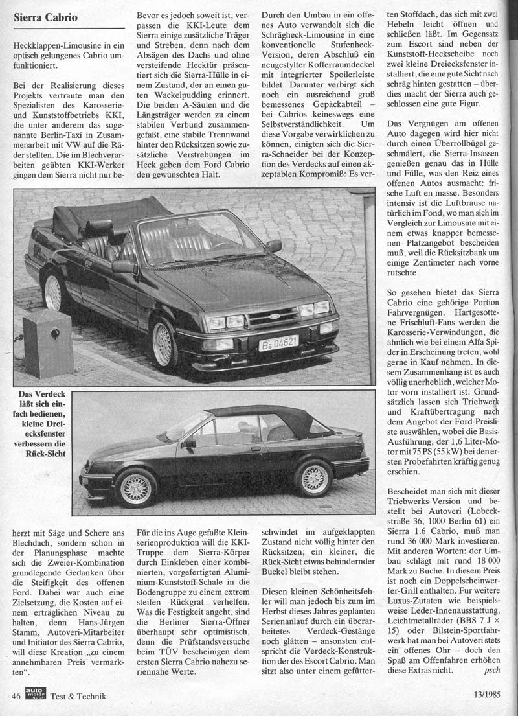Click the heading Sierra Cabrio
[x=45, y=17]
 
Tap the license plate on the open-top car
[x=278, y=343]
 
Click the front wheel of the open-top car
[x=166, y=342]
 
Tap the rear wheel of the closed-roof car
[x=313, y=478]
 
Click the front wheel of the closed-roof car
[x=136, y=487]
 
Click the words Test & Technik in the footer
[x=78, y=697]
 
